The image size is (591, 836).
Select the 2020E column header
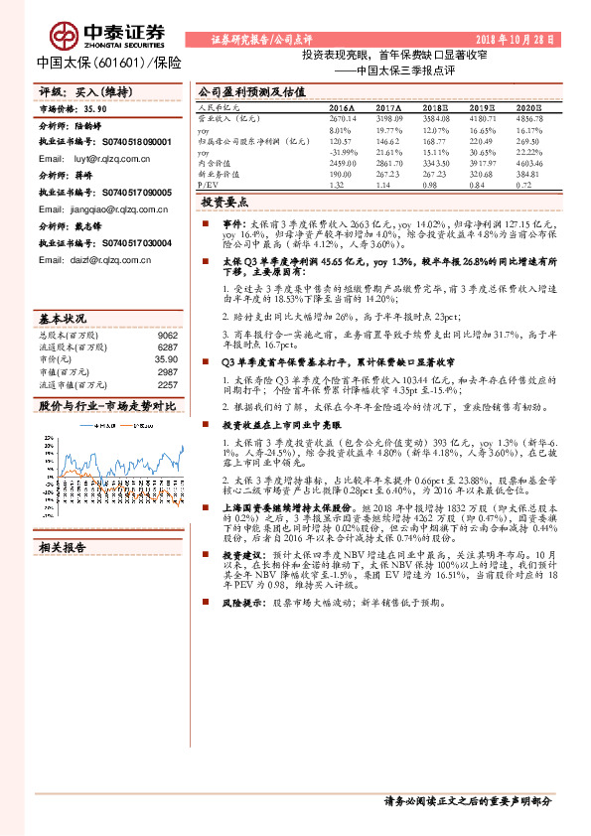click(x=529, y=106)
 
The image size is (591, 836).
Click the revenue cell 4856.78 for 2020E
click(x=529, y=116)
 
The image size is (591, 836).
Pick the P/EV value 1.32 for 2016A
click(x=336, y=185)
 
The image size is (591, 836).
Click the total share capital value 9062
click(x=167, y=336)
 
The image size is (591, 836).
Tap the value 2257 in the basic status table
click(x=167, y=384)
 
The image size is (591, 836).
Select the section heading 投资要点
click(x=224, y=229)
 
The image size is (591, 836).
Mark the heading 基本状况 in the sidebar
click(x=63, y=319)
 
